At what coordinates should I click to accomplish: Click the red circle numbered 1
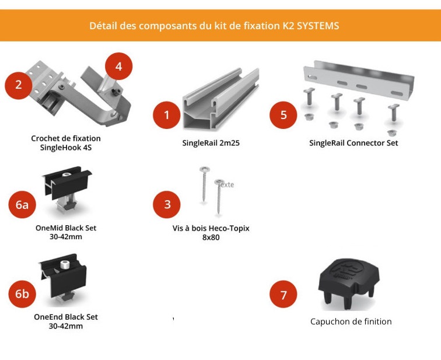167,115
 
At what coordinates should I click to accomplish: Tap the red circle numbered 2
19,85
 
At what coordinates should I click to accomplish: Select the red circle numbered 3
167,204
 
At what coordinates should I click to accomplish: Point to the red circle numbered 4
118,67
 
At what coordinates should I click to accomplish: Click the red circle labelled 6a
22,204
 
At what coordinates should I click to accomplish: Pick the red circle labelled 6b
22,294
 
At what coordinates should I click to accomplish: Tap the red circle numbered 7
283,295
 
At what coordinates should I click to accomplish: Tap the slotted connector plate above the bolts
357,79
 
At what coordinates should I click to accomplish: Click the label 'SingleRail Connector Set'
353,143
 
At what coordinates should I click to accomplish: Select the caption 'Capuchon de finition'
351,321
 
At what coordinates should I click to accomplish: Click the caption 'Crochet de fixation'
65,138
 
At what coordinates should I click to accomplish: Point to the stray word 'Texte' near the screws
225,184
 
